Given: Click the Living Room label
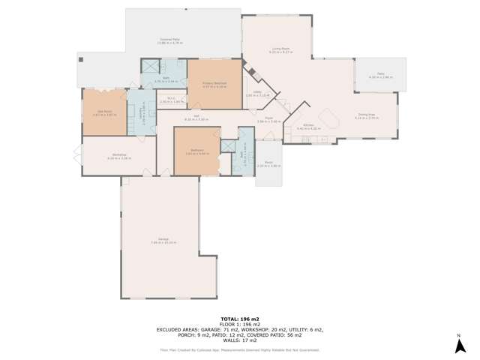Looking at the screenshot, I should (280, 50).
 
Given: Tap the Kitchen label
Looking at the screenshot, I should (308, 126).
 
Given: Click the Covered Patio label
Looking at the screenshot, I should (169, 40).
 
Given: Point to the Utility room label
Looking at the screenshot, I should (257, 93).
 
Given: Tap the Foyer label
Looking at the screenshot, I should (268, 118).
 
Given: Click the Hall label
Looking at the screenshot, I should (196, 116).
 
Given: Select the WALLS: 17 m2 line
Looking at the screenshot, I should (240, 340).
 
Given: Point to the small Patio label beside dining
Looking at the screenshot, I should (380, 74).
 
